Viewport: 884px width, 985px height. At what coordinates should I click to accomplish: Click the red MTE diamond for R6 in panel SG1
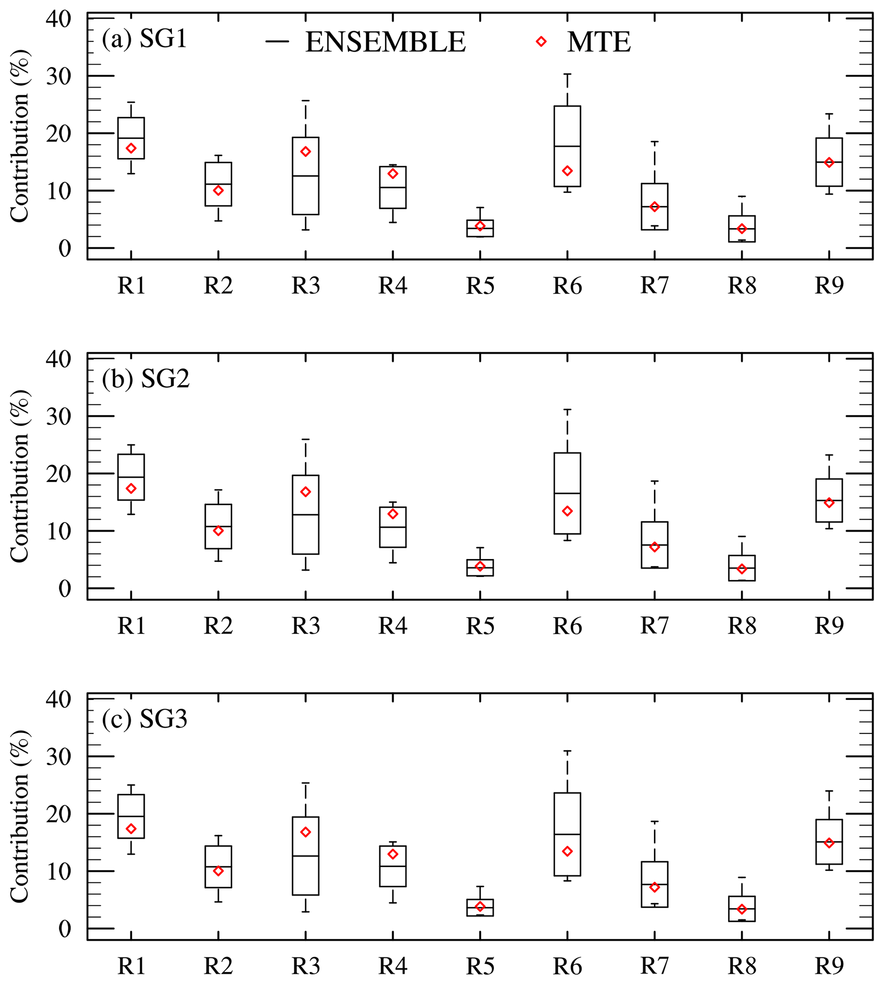tap(567, 171)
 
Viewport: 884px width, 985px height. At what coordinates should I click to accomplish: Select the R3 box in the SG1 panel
tap(306, 176)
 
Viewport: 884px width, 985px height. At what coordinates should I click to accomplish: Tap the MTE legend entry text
tap(598, 42)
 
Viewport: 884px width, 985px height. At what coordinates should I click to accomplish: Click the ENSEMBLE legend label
tap(385, 42)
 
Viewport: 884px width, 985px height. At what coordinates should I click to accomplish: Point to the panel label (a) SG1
tap(144, 39)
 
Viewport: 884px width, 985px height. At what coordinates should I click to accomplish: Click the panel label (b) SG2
tap(145, 379)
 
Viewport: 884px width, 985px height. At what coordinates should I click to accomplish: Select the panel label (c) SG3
tap(144, 719)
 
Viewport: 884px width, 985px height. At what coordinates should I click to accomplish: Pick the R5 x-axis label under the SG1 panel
tap(480, 286)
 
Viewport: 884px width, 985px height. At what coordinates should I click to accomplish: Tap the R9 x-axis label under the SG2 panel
tap(829, 626)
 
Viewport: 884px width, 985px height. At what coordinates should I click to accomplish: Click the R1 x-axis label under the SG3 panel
tap(131, 967)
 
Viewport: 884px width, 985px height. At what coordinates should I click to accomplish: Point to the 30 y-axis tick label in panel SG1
tap(59, 76)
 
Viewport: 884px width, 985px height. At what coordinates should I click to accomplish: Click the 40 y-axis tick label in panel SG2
tap(59, 359)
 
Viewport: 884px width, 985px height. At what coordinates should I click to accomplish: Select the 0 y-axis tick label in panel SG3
tap(65, 929)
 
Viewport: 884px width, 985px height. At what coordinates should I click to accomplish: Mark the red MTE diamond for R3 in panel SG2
tap(306, 492)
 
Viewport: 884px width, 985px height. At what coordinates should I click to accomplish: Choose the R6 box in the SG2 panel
tap(567, 493)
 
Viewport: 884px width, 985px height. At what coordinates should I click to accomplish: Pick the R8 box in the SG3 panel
tap(742, 909)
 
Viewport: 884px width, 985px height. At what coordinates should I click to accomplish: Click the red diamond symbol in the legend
tap(541, 42)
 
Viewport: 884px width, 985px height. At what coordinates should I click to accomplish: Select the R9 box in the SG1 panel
tap(829, 162)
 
